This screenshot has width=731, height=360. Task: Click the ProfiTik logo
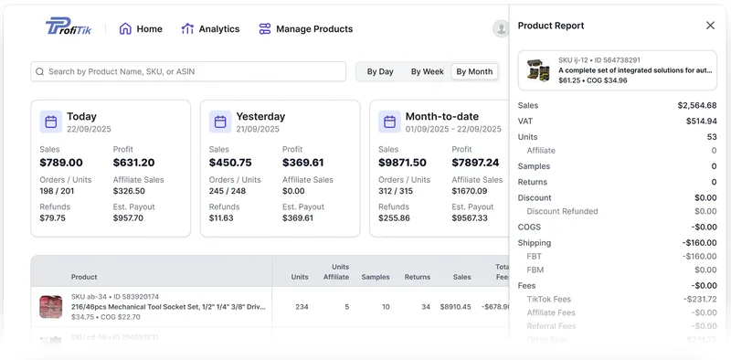[x=69, y=27]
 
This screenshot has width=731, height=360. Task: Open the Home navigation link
[x=141, y=29]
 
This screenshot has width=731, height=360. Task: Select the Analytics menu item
[x=210, y=29]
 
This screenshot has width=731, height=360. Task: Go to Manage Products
[x=305, y=29]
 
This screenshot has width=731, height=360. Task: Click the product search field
[x=188, y=71]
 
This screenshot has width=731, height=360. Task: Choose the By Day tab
[x=380, y=71]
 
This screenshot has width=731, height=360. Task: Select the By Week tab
[x=427, y=71]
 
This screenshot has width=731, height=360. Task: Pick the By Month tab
[x=474, y=71]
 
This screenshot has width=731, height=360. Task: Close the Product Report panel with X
[x=710, y=26]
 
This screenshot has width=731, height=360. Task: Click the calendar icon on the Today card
[x=51, y=122]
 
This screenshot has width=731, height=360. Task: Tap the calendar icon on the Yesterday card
[x=220, y=122]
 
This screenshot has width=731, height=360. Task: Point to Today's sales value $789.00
[x=61, y=163]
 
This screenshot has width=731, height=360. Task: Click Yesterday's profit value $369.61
[x=303, y=163]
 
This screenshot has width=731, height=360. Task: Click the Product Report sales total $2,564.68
[x=696, y=106]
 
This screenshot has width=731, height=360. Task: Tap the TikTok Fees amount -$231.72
[x=699, y=299]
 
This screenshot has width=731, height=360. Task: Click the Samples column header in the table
[x=376, y=277]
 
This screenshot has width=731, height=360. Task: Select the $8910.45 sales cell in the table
[x=455, y=307]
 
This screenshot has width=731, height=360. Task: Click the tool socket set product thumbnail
[x=51, y=307]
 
